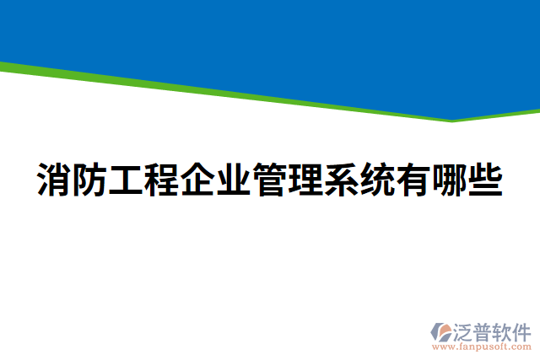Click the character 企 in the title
[198, 180]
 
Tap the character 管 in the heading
[270, 180]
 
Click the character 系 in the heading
[342, 180]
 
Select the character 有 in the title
[413, 180]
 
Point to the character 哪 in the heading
[450, 180]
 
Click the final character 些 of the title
[485, 180]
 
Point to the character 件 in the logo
[523, 332]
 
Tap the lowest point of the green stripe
[453, 121]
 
